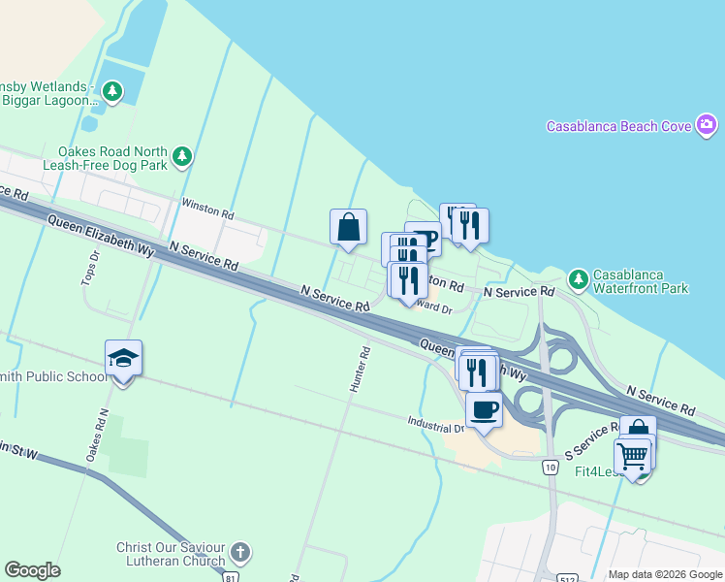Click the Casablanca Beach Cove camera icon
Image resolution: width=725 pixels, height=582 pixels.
coord(707,125)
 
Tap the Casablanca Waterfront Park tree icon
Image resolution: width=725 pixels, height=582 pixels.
coord(579,279)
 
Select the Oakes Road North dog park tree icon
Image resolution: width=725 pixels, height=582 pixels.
coord(181,157)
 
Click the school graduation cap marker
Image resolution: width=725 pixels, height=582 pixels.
coord(123,359)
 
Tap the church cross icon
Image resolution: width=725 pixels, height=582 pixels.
coord(239,554)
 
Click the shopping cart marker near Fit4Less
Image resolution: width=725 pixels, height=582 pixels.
coord(633,455)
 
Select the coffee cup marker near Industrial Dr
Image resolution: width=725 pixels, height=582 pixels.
coord(485,408)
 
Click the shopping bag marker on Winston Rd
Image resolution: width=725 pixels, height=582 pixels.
coord(348,228)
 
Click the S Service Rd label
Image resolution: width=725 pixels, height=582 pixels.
coord(590,442)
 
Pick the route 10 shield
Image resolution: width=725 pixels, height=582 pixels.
coord(550,468)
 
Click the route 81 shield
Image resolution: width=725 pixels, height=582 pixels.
coord(230,576)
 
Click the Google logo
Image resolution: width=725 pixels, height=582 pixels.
coord(32,570)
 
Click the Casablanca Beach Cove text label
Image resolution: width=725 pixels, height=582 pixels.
coord(618,126)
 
